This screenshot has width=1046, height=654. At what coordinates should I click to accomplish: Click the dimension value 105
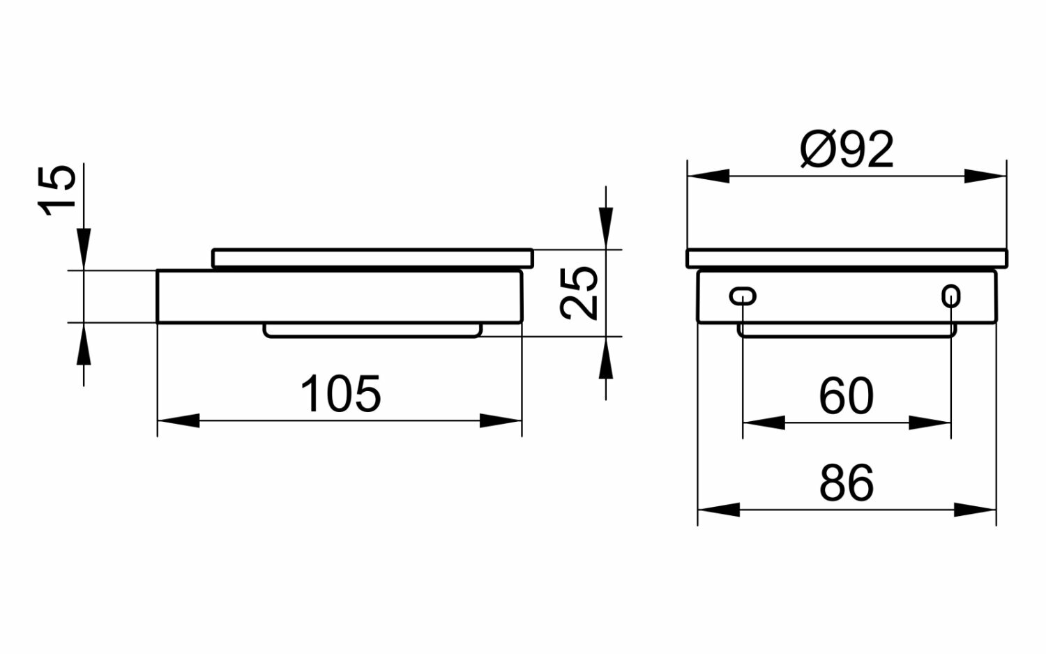point(341,394)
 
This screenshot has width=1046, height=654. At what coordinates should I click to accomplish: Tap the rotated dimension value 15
point(56,190)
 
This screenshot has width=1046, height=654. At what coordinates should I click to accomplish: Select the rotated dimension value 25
point(580,293)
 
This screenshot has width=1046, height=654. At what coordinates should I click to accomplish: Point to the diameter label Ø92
point(847,149)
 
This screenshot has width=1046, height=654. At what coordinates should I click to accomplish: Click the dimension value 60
point(846,396)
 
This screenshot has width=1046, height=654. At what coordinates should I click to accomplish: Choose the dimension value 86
point(847,483)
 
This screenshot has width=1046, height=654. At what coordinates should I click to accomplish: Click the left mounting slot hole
point(742,296)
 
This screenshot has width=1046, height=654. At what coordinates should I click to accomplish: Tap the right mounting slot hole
point(950,296)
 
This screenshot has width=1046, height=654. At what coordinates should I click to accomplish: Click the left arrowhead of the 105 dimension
point(179,420)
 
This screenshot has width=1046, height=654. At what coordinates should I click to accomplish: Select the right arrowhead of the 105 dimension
point(501,420)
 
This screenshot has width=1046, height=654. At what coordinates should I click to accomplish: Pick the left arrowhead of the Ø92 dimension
point(708,176)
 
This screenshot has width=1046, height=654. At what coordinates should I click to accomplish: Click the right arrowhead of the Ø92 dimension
point(986,176)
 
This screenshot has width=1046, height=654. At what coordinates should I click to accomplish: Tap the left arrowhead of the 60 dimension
point(764,423)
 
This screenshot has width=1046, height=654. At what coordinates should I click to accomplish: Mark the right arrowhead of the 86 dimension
point(976,510)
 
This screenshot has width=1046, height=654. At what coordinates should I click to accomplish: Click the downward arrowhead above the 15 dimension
point(84,248)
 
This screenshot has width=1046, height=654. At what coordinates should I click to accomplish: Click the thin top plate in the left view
point(372,258)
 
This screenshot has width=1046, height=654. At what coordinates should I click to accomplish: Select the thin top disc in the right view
point(847,258)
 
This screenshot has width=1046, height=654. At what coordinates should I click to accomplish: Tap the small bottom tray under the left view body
point(372,331)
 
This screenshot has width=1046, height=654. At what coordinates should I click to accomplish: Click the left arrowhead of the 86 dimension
point(718,510)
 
